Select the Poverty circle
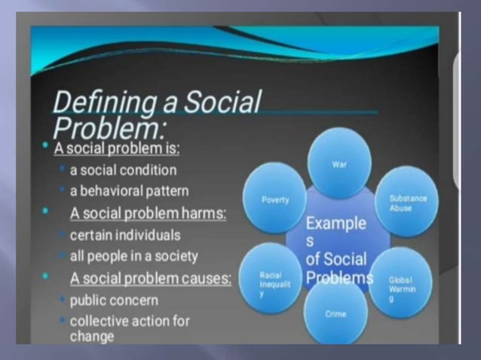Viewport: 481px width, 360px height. (274, 200)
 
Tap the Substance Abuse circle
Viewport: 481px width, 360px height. (407, 203)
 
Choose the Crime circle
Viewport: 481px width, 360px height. (336, 313)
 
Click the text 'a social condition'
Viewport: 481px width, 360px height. (123, 169)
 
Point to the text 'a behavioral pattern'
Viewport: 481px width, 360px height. (128, 191)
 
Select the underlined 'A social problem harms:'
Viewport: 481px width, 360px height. (148, 213)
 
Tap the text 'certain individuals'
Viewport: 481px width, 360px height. (125, 235)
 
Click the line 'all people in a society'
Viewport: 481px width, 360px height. (133, 256)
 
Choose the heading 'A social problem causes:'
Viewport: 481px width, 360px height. (151, 278)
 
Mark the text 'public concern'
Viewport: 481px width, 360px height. (115, 300)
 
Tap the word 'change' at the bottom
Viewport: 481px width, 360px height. (92, 335)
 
